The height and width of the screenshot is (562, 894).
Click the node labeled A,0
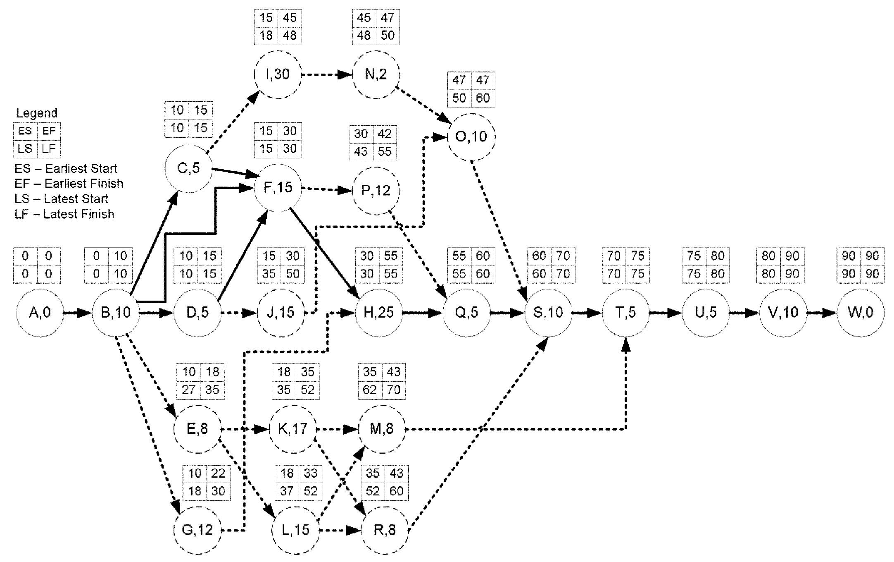point(40,313)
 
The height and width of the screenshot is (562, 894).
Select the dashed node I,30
point(278,75)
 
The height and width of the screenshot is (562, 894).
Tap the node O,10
point(471,137)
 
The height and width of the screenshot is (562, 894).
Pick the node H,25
point(378,313)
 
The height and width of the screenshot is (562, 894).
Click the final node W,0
point(861,313)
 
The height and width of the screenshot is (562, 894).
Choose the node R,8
point(385,530)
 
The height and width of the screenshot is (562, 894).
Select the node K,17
point(292,429)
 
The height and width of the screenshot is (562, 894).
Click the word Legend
point(37,113)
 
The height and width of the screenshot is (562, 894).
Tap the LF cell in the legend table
point(49,149)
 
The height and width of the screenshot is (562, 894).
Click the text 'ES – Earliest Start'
point(66,169)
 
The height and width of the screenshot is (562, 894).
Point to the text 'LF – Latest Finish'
point(64,214)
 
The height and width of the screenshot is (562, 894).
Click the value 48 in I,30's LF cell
point(290,36)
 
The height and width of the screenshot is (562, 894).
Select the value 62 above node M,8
point(370,390)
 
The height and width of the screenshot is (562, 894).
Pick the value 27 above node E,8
point(189,390)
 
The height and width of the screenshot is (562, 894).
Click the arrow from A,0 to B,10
point(77,313)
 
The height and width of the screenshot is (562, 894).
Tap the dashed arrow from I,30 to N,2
point(326,75)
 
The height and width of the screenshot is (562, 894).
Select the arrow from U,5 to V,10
point(744,313)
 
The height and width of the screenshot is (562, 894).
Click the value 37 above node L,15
point(287,491)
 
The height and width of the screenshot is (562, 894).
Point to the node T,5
point(625,313)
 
